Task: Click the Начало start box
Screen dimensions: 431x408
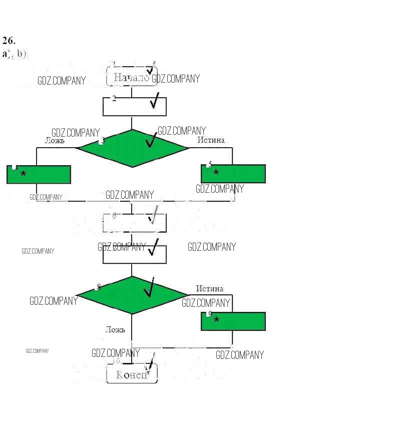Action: [x=132, y=77]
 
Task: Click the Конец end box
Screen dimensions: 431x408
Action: [x=132, y=374]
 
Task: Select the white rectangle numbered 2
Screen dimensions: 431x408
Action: [x=134, y=106]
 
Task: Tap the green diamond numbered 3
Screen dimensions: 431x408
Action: [x=132, y=148]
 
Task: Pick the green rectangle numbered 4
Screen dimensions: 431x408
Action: [x=39, y=174]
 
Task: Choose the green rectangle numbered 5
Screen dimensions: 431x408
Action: [x=233, y=173]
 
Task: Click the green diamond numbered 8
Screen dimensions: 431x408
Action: [x=132, y=295]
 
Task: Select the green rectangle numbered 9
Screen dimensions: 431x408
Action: [x=233, y=321]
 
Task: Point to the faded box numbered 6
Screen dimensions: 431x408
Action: [x=134, y=223]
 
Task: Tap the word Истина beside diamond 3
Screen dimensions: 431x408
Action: [x=211, y=140]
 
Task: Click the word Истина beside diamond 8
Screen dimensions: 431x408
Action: [x=210, y=288]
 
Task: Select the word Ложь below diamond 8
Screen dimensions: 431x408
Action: [x=115, y=329]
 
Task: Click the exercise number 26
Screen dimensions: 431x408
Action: [x=9, y=41]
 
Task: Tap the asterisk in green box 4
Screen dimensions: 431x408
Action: [x=23, y=174]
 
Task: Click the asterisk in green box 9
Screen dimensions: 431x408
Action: [x=216, y=320]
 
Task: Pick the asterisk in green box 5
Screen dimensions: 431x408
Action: [x=216, y=173]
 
